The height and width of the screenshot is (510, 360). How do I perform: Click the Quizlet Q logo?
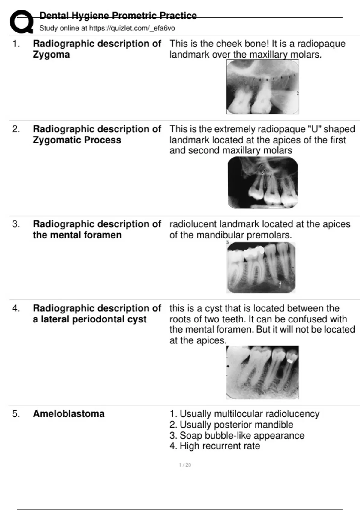(21, 22)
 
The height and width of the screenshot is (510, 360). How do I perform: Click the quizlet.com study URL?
(132, 28)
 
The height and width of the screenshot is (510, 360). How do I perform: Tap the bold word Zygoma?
(51, 55)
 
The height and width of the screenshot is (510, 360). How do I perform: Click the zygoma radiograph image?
(262, 87)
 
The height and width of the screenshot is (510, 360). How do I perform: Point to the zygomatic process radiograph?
(263, 182)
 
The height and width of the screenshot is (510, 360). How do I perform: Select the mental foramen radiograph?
(261, 268)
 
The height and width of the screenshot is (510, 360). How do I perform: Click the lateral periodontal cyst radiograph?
(262, 372)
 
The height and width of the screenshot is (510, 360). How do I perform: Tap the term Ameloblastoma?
(69, 414)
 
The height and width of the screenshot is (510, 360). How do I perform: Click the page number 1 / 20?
(185, 465)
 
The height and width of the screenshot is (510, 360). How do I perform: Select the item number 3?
(16, 224)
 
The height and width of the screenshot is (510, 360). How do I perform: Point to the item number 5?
(16, 414)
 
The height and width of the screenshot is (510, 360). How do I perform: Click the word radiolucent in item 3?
(193, 224)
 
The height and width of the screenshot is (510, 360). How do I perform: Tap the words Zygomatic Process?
(77, 140)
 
